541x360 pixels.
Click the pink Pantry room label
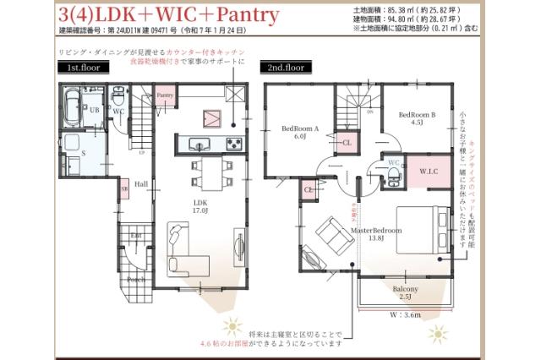click(x=165, y=96)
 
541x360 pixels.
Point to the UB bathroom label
click(x=96, y=111)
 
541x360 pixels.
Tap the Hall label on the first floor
click(x=140, y=183)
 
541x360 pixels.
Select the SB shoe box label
click(x=124, y=189)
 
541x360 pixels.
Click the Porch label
click(x=135, y=279)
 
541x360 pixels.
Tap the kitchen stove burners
click(x=233, y=143)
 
